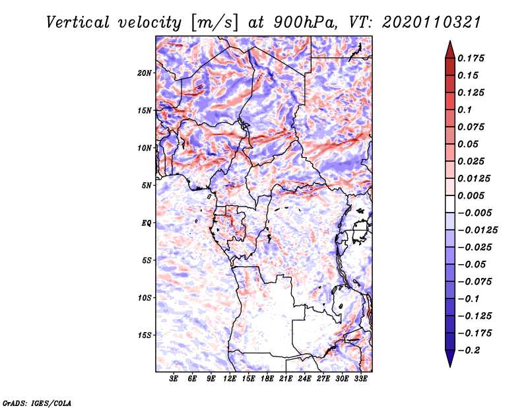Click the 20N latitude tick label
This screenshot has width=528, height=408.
click(x=145, y=73)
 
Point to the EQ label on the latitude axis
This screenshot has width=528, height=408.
click(x=147, y=223)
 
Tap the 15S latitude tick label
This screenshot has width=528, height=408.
click(x=145, y=335)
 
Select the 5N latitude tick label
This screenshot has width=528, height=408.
click(x=147, y=186)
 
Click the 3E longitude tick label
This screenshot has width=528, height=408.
click(x=174, y=379)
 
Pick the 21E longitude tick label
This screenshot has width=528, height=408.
click(x=286, y=379)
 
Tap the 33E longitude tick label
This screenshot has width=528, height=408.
click(x=360, y=379)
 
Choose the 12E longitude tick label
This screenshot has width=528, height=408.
click(x=230, y=379)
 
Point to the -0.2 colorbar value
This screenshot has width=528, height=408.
click(x=471, y=349)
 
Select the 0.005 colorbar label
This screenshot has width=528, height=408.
click(x=473, y=195)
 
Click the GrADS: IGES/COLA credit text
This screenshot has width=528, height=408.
click(x=36, y=402)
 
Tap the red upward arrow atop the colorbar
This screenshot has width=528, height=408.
click(x=449, y=49)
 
